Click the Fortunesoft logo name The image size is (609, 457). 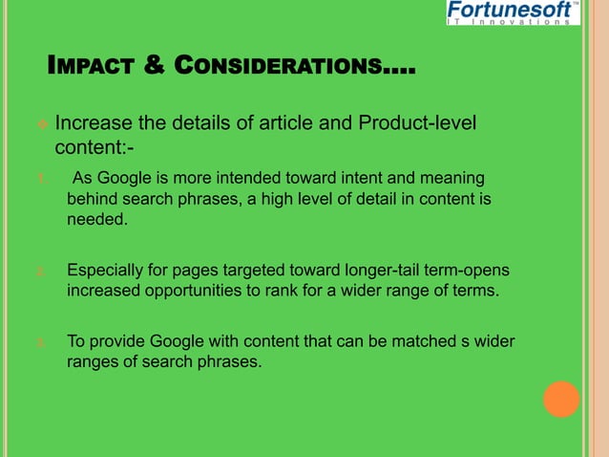[x=509, y=10]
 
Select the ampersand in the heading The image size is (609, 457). [x=152, y=67]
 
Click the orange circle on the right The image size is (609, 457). [x=561, y=399]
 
